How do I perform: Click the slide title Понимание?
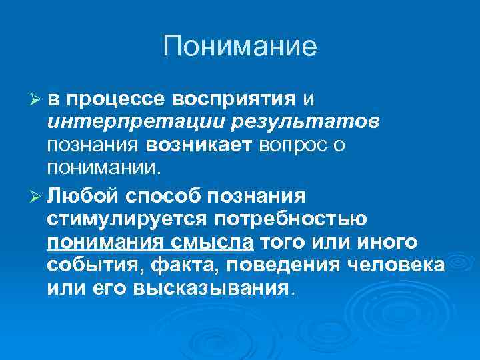point(240,46)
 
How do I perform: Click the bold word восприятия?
point(233,100)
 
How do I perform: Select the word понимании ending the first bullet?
point(103,166)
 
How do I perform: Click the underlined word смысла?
point(215,242)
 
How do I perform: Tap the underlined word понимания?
point(104,242)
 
